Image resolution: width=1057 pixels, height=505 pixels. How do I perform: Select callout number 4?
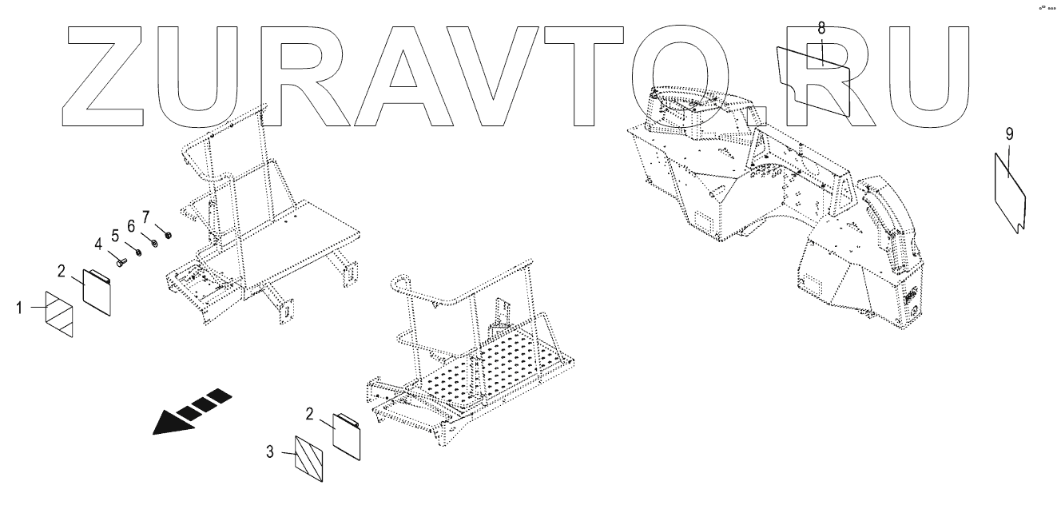click(99, 243)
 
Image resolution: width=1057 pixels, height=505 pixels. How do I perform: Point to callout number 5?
click(115, 235)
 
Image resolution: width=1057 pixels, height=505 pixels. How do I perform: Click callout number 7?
click(146, 217)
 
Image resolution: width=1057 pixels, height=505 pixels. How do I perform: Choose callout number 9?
click(1009, 133)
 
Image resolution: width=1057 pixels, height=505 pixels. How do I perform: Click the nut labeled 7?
click(169, 235)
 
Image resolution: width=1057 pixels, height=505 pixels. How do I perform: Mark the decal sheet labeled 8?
click(813, 77)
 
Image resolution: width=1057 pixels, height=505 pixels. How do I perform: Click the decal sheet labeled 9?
click(1009, 190)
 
